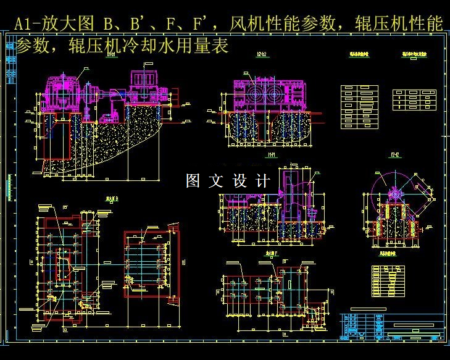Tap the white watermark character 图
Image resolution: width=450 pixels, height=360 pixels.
[193, 181]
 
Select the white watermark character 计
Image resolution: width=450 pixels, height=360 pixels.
[263, 181]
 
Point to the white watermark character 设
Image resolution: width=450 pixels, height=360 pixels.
[240, 181]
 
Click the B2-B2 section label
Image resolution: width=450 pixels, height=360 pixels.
[262, 54]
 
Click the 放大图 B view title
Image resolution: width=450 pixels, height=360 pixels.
[112, 199]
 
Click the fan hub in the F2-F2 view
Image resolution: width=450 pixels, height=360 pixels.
[395, 195]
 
